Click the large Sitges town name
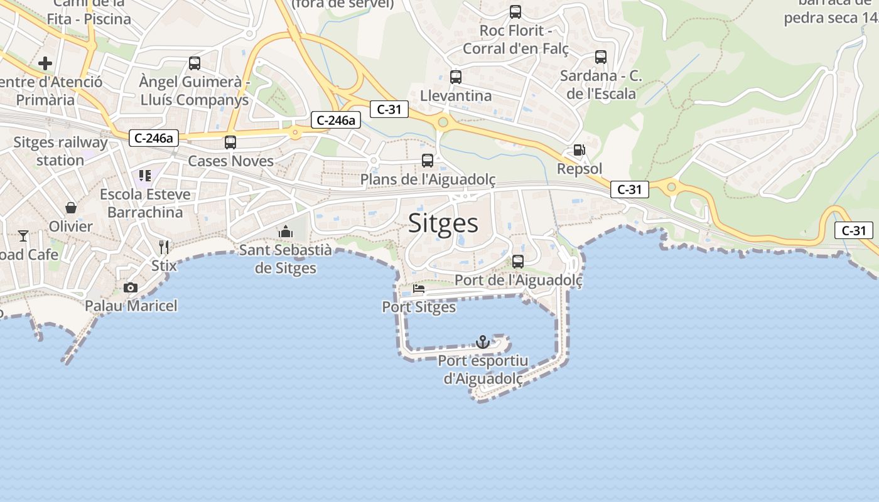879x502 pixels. (443, 223)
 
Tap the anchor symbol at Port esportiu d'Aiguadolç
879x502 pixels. (483, 342)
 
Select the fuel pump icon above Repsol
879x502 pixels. (579, 150)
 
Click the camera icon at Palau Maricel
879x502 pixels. (131, 287)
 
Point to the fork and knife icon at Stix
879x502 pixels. (164, 246)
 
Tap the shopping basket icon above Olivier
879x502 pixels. (71, 207)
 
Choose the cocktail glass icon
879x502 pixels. (23, 235)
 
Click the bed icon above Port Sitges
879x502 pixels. (419, 289)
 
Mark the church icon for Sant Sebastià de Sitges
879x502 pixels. (286, 232)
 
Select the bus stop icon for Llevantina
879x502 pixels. (456, 77)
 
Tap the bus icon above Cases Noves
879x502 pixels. (230, 142)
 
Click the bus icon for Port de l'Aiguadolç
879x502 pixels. (518, 262)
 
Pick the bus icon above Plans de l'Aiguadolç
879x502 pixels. (428, 161)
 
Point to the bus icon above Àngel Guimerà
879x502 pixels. (195, 63)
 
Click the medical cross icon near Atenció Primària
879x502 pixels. (45, 63)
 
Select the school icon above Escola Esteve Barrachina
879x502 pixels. (145, 176)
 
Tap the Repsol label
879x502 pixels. (580, 169)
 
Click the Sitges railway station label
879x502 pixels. (60, 151)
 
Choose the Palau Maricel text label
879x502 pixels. (131, 306)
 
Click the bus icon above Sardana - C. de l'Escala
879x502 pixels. (601, 57)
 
